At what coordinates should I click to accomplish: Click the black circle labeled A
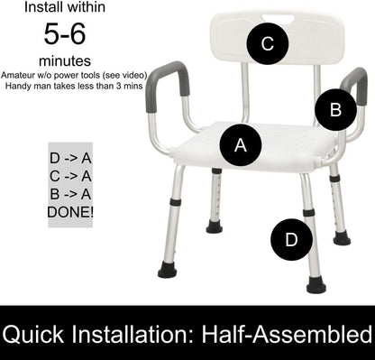pos(241,143)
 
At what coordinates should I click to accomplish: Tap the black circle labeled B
pos(335,110)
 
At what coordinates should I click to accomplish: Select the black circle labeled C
pos(267,43)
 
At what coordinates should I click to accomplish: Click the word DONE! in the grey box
pos(70,212)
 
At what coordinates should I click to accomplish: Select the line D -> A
pos(70,158)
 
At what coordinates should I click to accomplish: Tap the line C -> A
pos(70,176)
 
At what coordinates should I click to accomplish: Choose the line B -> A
pos(70,194)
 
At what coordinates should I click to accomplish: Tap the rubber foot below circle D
pos(316,285)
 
